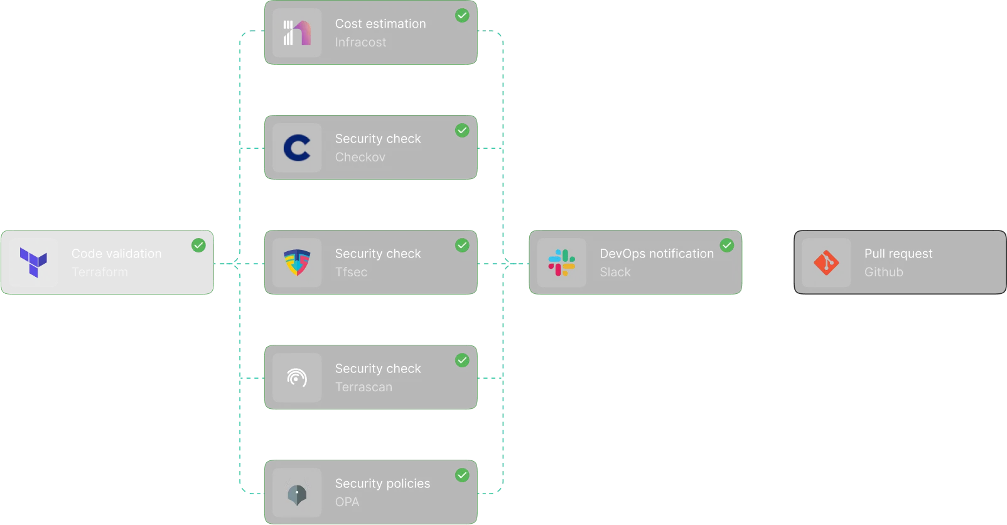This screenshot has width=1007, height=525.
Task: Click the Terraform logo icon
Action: (x=34, y=262)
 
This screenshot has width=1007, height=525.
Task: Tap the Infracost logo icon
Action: (x=297, y=33)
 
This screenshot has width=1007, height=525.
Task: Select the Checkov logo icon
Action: (x=297, y=148)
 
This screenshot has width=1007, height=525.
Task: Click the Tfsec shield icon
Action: (x=297, y=262)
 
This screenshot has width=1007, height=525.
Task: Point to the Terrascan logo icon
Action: (x=297, y=377)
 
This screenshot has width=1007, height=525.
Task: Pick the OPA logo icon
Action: (x=297, y=492)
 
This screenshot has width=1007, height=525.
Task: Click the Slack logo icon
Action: (x=562, y=262)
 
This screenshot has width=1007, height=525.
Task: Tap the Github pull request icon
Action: (x=826, y=262)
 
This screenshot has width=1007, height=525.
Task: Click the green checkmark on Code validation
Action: (x=198, y=245)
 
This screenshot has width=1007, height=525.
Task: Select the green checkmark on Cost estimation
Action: (x=462, y=15)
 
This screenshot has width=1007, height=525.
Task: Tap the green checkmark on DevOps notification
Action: (x=727, y=245)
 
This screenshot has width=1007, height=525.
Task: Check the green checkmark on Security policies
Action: (x=462, y=475)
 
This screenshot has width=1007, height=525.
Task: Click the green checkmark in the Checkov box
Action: (x=462, y=130)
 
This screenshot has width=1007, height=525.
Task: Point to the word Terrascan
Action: (x=363, y=387)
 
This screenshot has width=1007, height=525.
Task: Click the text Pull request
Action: (x=898, y=254)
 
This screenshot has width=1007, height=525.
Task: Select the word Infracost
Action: (x=360, y=42)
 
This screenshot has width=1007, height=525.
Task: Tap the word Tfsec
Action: (x=351, y=272)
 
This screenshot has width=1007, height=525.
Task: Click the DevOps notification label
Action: (x=657, y=254)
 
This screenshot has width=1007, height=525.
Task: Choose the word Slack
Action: (x=615, y=272)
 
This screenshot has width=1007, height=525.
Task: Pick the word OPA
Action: (x=347, y=502)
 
